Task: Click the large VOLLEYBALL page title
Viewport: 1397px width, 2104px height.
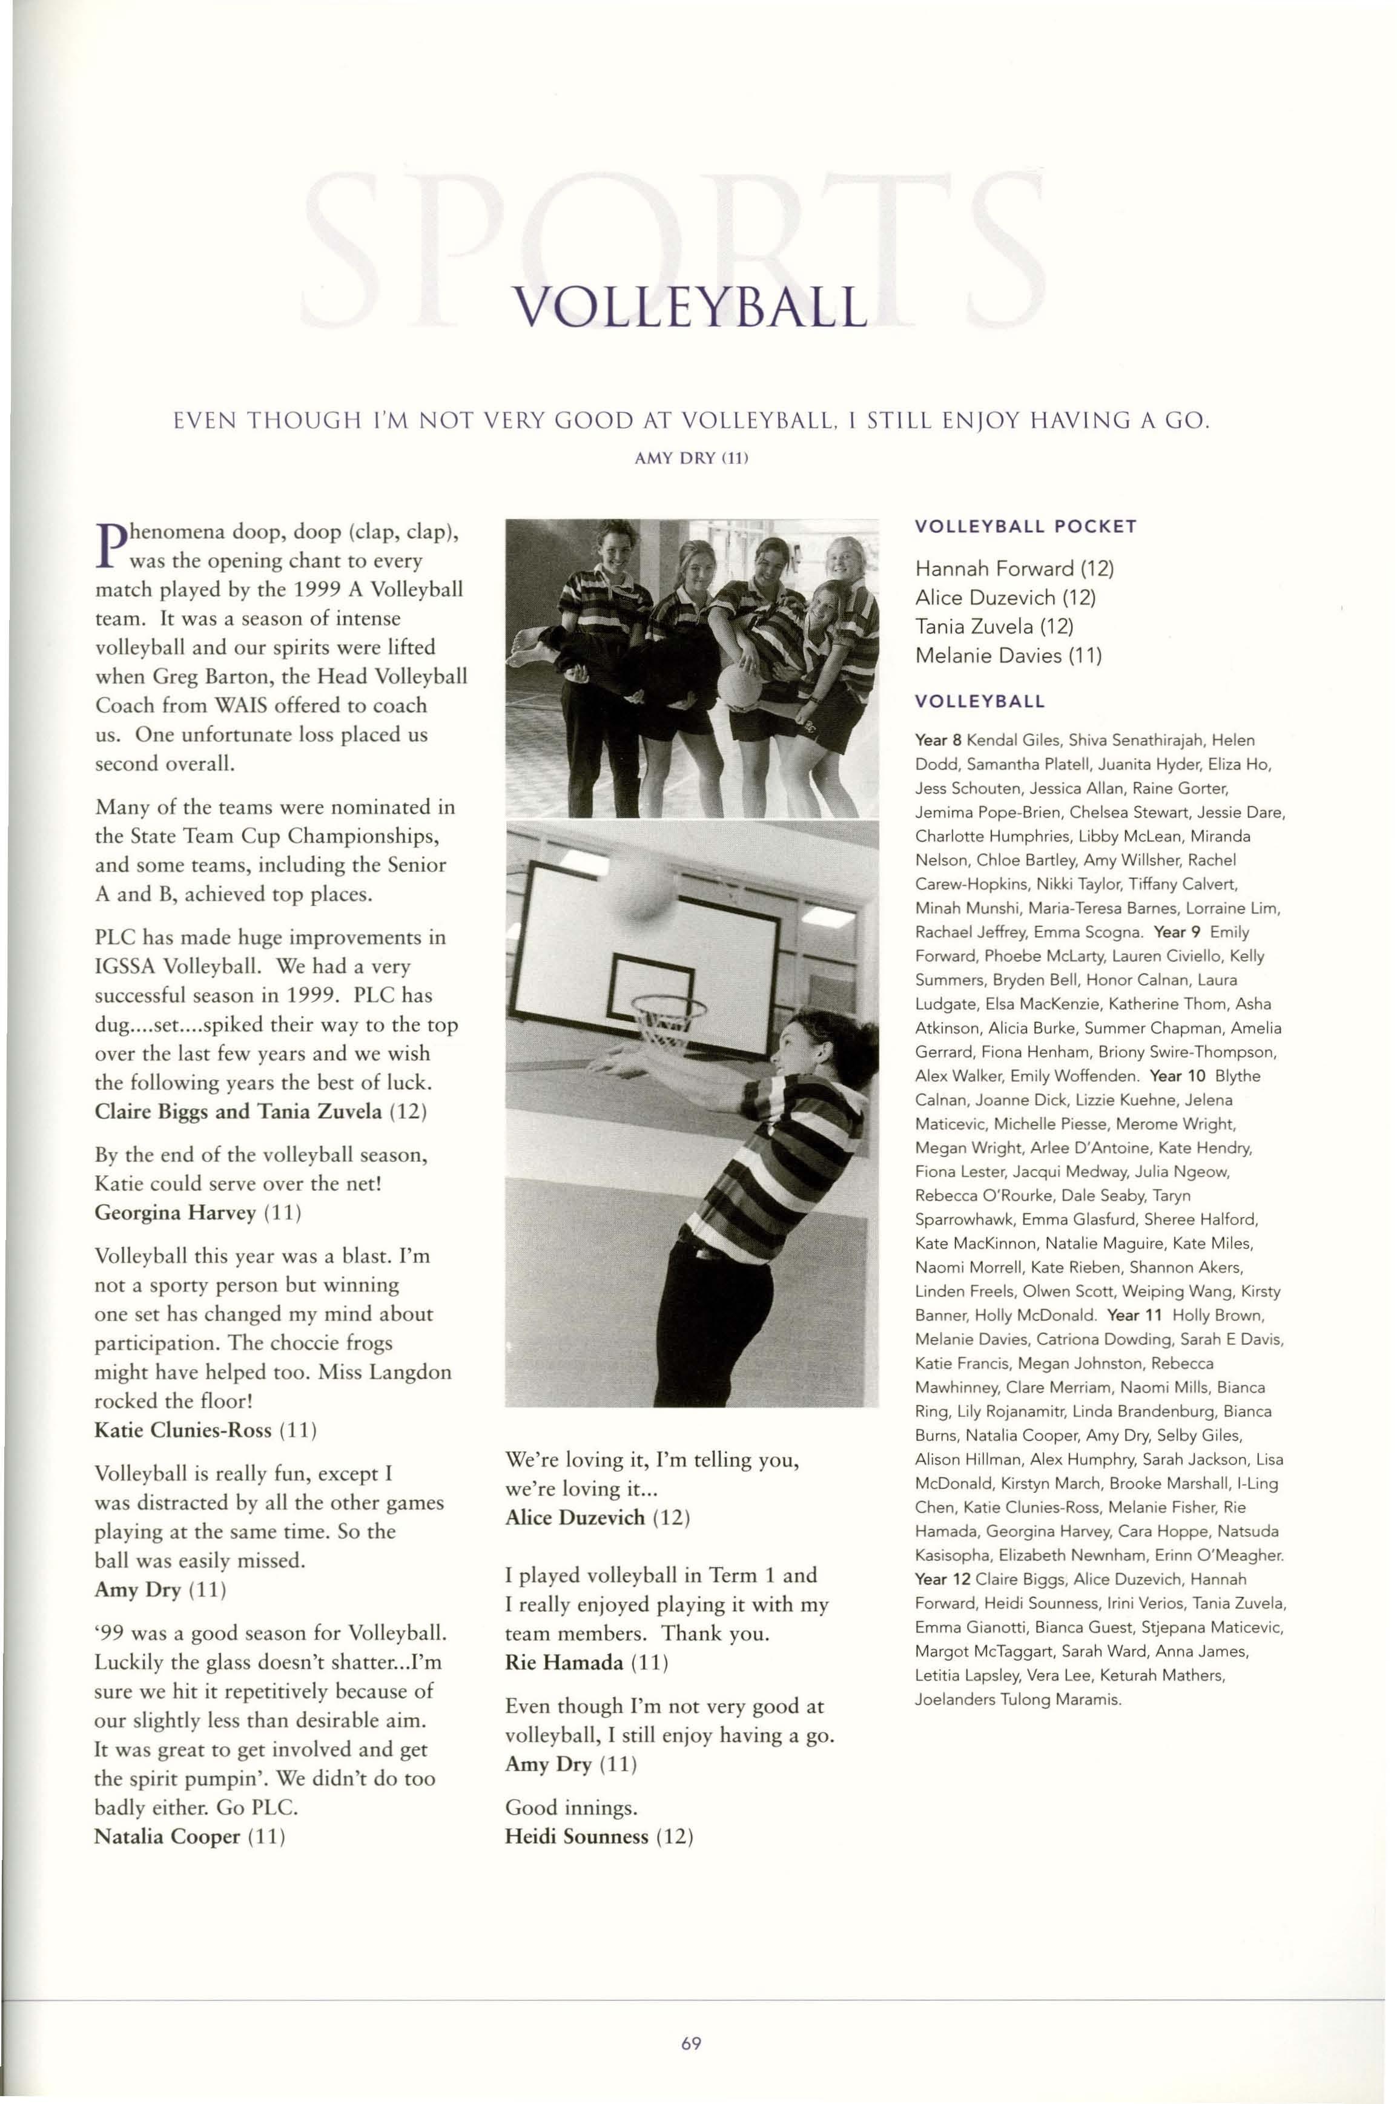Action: pyautogui.click(x=692, y=308)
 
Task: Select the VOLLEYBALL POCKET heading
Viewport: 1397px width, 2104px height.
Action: pyautogui.click(x=1025, y=526)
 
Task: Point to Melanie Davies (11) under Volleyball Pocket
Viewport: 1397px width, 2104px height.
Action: pyautogui.click(x=1009, y=656)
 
